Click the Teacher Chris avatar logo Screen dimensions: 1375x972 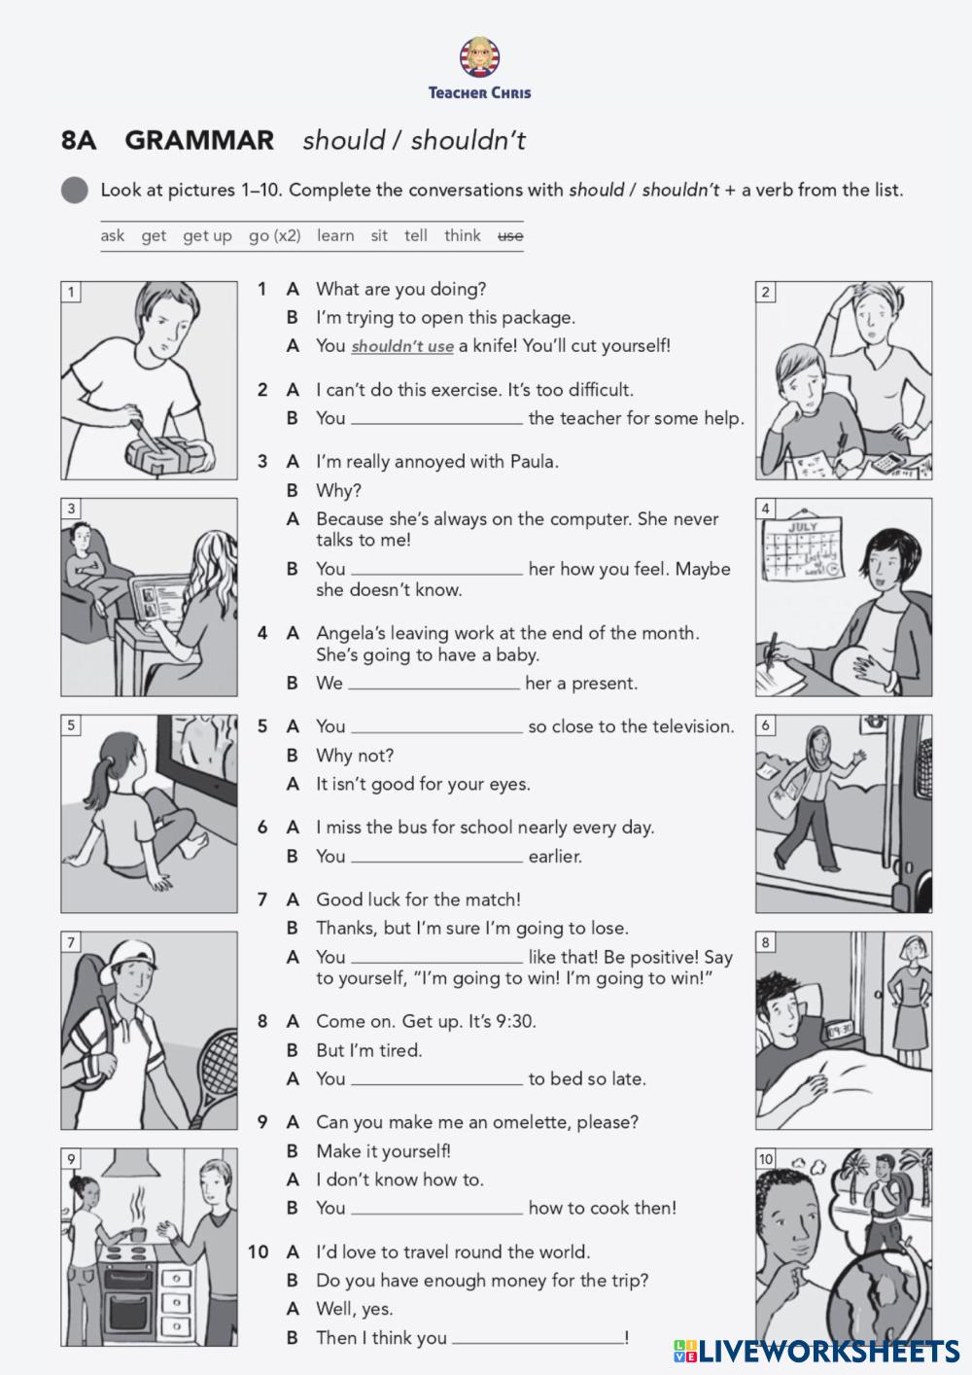480,58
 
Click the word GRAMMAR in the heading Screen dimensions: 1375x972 199,140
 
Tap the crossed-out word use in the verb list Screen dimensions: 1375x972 510,235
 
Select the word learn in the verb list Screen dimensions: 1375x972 335,235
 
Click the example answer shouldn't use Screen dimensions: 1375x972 402,346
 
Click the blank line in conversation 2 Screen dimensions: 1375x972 436,420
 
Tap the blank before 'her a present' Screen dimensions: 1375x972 434,685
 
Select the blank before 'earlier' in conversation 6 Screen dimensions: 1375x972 436,858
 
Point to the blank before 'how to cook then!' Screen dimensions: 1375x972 436,1210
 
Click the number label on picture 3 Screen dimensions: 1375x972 72,509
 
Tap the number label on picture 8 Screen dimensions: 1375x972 767,942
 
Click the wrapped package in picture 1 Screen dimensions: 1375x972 165,451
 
